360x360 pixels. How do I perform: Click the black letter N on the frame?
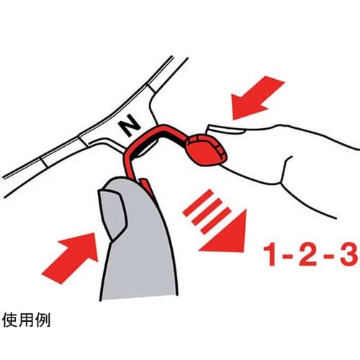[130, 126]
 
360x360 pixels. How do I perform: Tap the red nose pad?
[207, 150]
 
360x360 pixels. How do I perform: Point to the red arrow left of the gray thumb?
[71, 258]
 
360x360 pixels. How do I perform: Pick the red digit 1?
[271, 255]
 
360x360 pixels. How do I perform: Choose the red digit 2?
[308, 255]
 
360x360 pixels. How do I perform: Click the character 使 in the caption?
[9, 320]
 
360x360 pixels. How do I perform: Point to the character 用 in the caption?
[26, 320]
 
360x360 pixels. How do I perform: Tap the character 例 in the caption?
[42, 320]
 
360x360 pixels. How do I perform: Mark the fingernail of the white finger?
[225, 129]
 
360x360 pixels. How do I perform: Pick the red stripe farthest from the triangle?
[198, 202]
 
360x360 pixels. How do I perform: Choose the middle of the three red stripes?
[207, 212]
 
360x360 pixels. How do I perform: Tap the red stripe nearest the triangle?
[216, 221]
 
